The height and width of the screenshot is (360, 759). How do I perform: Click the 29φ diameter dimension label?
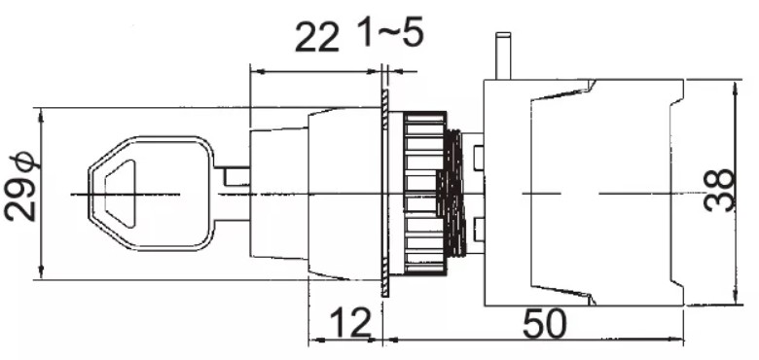(21, 186)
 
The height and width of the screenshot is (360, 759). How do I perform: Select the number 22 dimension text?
(317, 38)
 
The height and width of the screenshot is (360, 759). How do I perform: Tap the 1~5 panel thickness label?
(392, 32)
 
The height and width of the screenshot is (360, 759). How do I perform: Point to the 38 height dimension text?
(719, 190)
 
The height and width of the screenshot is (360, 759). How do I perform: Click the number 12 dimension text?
(351, 323)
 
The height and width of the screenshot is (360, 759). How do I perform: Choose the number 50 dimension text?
(545, 324)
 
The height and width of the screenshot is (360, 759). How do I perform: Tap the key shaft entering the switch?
(232, 194)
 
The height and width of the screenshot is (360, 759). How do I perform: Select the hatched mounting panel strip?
(384, 193)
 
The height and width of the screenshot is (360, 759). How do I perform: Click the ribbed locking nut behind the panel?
(424, 194)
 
